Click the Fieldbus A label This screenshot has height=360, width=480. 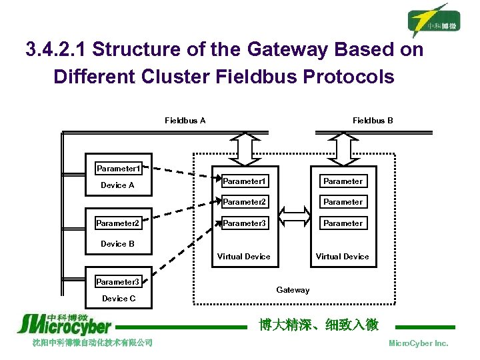click(185, 121)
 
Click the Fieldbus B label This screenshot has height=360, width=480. click(373, 121)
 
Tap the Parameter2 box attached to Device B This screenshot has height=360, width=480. click(117, 223)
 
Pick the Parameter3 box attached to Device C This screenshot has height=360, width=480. click(117, 282)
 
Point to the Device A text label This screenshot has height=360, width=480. click(117, 185)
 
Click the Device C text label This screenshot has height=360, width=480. click(118, 299)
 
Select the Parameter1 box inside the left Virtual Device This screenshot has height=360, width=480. click(244, 181)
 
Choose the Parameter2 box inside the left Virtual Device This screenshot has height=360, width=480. click(244, 202)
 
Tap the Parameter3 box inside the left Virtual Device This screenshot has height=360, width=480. click(244, 223)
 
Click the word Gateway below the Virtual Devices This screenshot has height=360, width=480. click(293, 290)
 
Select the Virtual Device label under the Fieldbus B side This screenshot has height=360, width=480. click(342, 257)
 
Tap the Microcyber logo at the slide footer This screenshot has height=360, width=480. click(64, 324)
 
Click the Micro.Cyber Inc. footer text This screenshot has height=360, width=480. click(418, 343)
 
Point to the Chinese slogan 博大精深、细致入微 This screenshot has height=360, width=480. click(319, 325)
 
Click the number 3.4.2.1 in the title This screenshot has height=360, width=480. click(55, 50)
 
